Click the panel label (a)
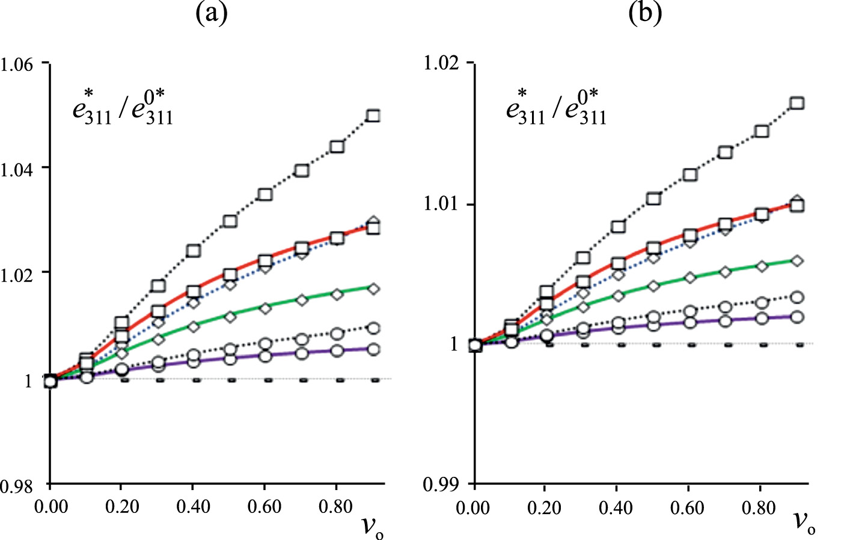click(212, 13)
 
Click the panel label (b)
click(645, 13)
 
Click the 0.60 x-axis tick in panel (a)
click(264, 507)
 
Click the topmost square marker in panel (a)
click(373, 115)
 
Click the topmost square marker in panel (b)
click(797, 103)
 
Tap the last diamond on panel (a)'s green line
click(373, 289)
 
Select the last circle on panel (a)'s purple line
click(373, 349)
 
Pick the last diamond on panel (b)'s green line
click(797, 261)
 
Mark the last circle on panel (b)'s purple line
click(797, 317)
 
